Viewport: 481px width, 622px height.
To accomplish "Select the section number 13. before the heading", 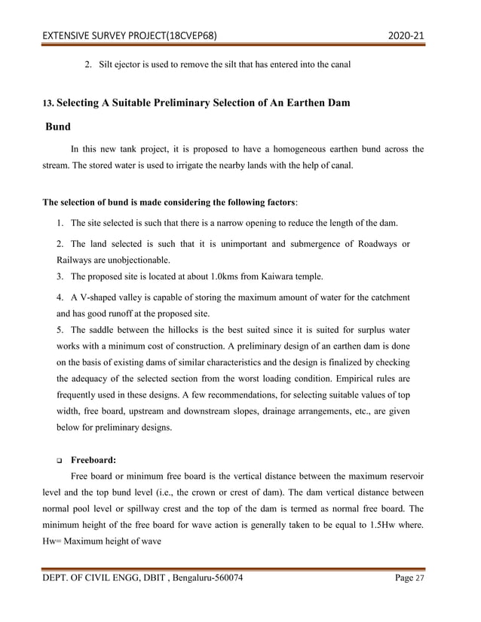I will pyautogui.click(x=47, y=102).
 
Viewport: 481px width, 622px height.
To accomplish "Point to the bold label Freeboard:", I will pyautogui.click(x=93, y=459).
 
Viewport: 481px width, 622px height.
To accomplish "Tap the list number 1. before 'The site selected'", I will pyautogui.click(x=60, y=224).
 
